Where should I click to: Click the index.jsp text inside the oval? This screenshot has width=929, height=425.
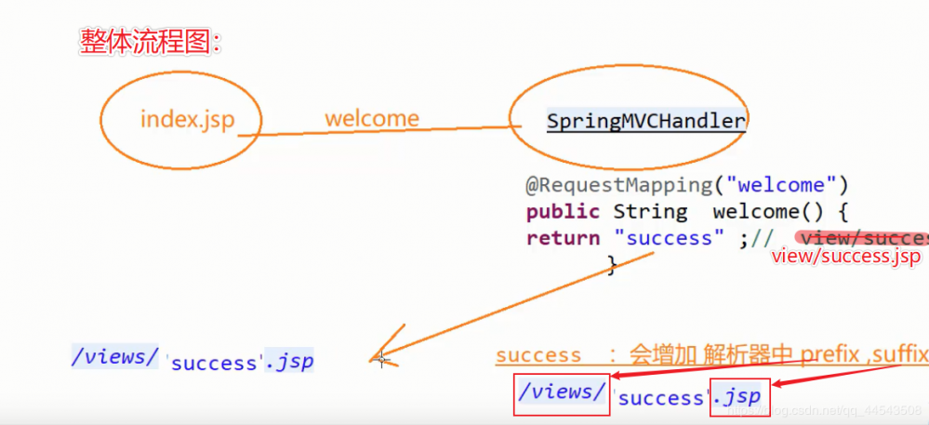pos(187,119)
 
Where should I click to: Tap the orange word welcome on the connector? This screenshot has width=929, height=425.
pos(371,119)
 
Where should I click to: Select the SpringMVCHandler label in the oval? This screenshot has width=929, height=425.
pos(645,121)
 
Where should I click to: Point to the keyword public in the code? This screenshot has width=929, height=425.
pos(562,211)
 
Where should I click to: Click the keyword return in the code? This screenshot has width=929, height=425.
pos(563,237)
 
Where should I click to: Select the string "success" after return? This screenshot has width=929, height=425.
pos(669,237)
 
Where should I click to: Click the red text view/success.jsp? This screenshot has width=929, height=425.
pos(845,256)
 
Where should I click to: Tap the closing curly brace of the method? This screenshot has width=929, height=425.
pos(612,266)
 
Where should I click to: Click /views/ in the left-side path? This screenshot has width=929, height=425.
pos(115,356)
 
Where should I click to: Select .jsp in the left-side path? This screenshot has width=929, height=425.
pos(288,361)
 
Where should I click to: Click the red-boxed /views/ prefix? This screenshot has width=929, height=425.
pos(562,392)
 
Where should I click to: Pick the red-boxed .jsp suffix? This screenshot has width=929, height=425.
pos(738,396)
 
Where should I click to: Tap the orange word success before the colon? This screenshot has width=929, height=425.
pos(538,355)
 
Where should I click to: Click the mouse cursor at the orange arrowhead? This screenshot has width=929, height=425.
pos(381,359)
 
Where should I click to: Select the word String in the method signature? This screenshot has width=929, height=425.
pos(650,211)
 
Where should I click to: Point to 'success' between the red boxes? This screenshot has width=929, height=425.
pos(661,399)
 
